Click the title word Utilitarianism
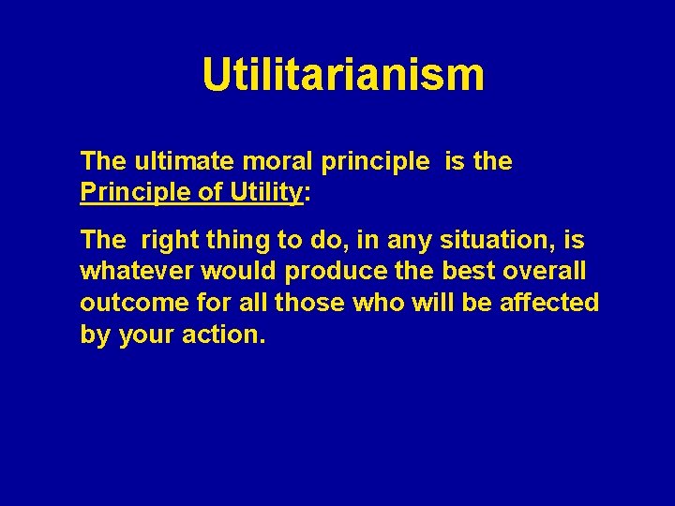click(343, 75)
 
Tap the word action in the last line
click(225, 335)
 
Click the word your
click(146, 335)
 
